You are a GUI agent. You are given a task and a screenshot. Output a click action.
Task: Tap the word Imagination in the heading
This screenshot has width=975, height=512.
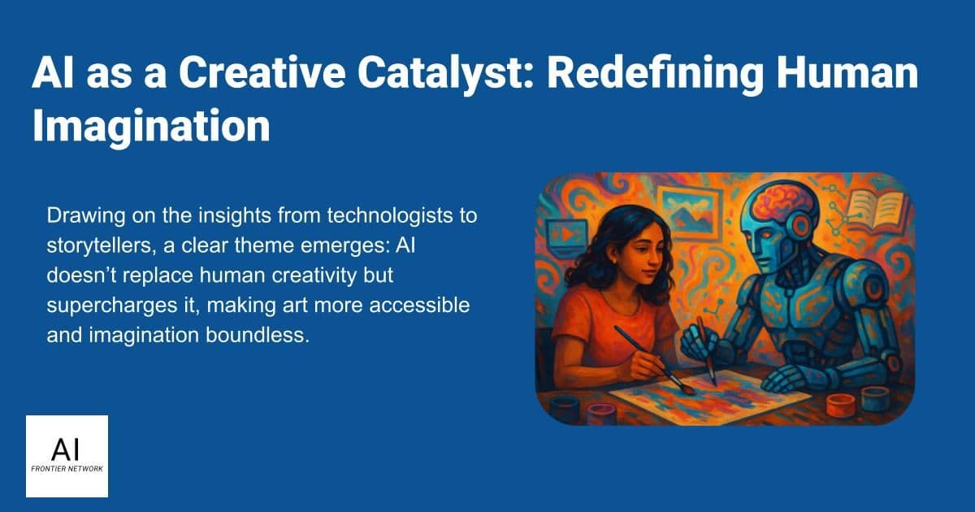[151, 126]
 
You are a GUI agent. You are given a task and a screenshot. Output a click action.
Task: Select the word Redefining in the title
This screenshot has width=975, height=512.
[655, 74]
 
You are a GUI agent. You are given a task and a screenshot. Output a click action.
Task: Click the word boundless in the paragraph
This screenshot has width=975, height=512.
[258, 335]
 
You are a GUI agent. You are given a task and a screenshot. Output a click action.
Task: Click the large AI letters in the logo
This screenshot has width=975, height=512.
[66, 449]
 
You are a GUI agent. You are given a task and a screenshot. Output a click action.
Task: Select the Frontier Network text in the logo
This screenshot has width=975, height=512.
[67, 469]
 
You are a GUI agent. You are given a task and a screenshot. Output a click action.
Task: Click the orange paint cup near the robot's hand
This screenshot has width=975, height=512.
[840, 405]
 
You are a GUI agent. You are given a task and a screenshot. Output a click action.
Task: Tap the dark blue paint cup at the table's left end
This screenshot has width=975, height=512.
[565, 407]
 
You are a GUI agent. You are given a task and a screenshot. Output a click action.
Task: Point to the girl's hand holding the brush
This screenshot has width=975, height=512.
[641, 362]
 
